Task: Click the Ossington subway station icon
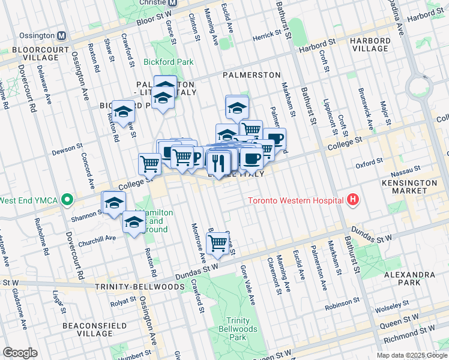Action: (x=62, y=35)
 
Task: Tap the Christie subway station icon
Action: (x=172, y=3)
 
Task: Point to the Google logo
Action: (x=20, y=353)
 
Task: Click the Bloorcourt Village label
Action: (x=30, y=53)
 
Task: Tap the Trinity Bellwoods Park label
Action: (x=242, y=329)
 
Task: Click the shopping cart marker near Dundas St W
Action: (x=217, y=243)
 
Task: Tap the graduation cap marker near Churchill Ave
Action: (x=134, y=222)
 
